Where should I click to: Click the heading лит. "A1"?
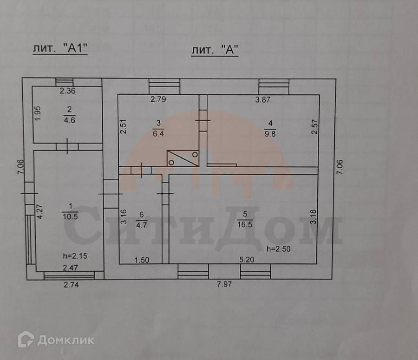click(x=60, y=49)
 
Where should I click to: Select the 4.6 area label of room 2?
click(x=70, y=118)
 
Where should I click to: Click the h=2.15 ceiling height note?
click(x=75, y=255)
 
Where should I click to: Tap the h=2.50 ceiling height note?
click(x=278, y=249)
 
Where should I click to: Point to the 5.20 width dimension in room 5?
click(x=246, y=261)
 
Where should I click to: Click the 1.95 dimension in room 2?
click(x=38, y=114)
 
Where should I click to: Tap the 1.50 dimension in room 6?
click(x=142, y=261)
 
